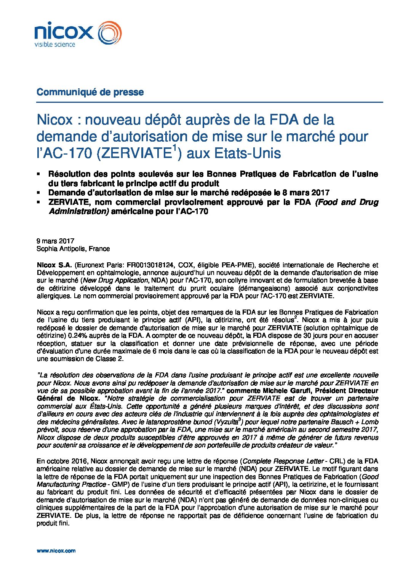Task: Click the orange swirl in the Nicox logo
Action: pyautogui.click(x=110, y=33)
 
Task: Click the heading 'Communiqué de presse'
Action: pyautogui.click(x=90, y=92)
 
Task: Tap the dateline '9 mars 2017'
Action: pyautogui.click(x=55, y=241)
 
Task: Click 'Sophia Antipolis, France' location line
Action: pyautogui.click(x=73, y=249)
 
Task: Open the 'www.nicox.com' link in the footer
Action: pyautogui.click(x=56, y=551)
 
